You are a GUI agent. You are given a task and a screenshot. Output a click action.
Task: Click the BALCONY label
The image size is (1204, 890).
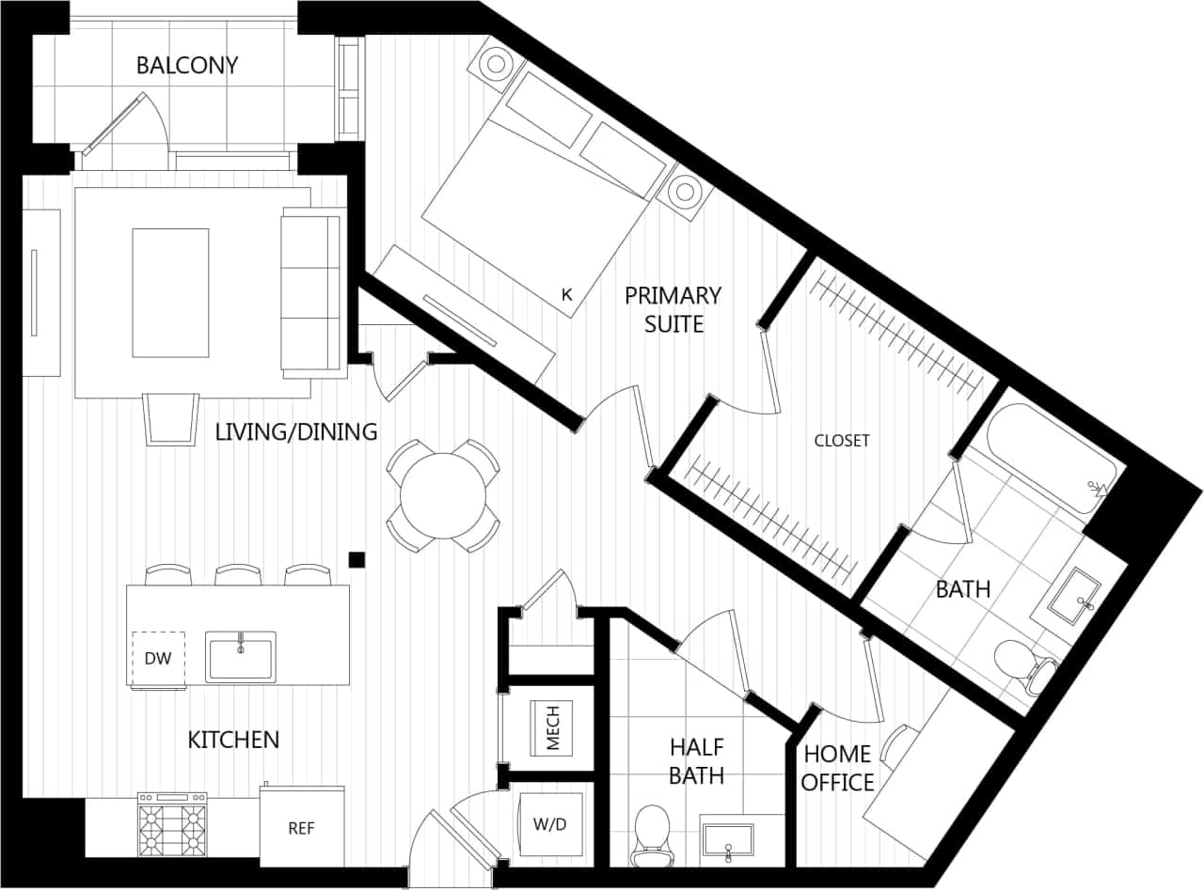tap(187, 66)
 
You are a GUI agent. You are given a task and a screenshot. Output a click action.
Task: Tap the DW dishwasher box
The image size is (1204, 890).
tap(158, 659)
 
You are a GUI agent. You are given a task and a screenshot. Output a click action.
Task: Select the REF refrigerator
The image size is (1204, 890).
tap(301, 827)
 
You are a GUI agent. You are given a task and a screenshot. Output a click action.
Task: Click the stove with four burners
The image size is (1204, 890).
tap(172, 824)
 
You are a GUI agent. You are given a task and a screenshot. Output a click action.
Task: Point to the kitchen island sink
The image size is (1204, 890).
tap(241, 658)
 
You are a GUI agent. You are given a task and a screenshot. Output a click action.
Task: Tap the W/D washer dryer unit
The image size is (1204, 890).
tap(550, 825)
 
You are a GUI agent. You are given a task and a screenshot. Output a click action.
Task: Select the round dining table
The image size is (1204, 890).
tap(443, 495)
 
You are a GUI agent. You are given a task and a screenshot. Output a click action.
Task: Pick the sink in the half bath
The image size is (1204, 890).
tap(728, 840)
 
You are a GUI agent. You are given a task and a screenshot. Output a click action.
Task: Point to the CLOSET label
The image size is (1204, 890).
tap(842, 440)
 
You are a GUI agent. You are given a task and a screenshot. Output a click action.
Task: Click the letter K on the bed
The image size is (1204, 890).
tap(566, 294)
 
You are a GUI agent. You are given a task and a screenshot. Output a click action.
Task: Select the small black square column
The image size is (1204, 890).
tap(356, 559)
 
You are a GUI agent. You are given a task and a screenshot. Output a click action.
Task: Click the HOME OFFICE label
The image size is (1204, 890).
tap(837, 768)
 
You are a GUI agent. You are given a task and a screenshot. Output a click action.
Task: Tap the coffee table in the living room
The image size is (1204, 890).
tap(170, 292)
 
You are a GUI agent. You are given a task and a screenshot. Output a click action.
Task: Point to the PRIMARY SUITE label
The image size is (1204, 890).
tap(673, 309)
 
